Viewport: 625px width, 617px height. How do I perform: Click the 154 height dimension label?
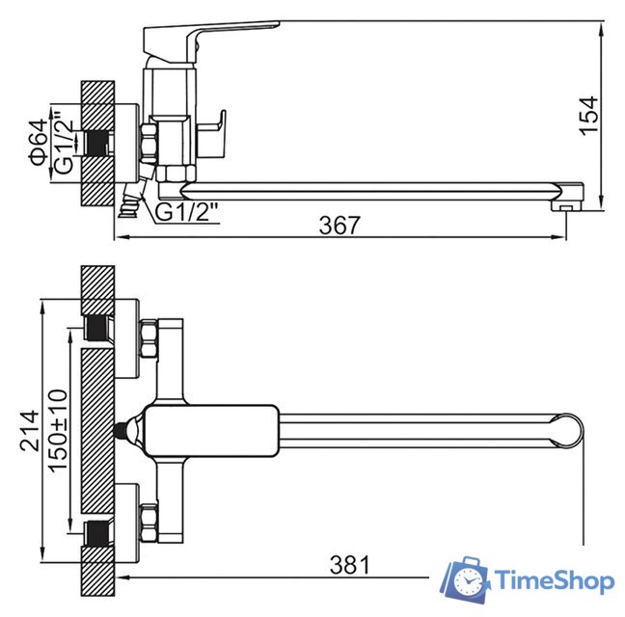[588, 116]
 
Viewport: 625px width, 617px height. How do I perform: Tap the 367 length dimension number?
[340, 225]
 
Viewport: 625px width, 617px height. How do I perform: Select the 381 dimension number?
[350, 565]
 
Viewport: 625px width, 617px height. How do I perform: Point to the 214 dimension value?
[30, 431]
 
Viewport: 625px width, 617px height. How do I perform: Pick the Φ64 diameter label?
[39, 142]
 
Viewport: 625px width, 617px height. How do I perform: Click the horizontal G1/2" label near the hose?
[186, 212]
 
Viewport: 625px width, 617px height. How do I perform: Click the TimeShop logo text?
[554, 581]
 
